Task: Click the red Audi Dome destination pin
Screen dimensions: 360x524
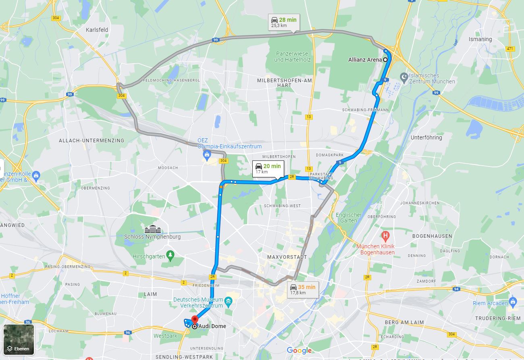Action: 195,319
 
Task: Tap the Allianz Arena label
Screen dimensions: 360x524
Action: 365,60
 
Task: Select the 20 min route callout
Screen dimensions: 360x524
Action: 268,168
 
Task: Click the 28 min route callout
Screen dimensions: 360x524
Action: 284,22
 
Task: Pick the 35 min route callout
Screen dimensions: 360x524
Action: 303,289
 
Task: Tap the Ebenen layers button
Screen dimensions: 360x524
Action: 19,339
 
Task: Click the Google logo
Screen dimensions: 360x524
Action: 299,350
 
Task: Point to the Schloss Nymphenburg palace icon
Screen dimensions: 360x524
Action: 152,229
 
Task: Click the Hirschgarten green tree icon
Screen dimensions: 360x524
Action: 171,255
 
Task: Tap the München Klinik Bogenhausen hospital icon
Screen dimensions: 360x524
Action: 386,235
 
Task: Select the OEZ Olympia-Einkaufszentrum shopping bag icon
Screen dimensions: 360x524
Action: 207,154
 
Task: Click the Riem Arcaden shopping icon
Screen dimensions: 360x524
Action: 513,301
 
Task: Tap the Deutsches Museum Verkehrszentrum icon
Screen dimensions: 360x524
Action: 229,301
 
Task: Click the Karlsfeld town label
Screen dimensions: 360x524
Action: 97,30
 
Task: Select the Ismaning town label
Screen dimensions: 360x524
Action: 480,39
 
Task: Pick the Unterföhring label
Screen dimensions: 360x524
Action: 426,137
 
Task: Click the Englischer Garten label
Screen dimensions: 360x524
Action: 349,218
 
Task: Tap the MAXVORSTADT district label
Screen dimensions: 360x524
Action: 287,257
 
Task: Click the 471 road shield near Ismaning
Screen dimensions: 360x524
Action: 510,49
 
